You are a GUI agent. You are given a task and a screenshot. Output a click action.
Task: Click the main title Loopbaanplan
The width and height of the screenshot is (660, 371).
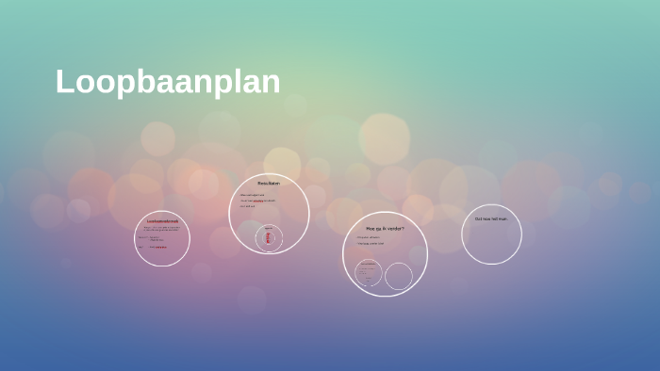(168, 82)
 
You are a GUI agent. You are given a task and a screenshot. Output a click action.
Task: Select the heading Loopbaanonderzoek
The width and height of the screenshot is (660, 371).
(162, 222)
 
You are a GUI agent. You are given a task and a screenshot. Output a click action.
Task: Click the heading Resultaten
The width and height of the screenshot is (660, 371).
(269, 184)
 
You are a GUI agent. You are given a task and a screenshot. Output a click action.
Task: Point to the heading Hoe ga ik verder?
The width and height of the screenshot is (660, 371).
(385, 228)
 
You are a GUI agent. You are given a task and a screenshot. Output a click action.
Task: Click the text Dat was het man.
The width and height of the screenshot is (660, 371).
(490, 218)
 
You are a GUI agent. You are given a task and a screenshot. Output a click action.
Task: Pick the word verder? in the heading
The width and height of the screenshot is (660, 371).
(395, 228)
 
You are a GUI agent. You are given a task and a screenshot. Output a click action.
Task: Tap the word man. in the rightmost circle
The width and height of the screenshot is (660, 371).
(503, 218)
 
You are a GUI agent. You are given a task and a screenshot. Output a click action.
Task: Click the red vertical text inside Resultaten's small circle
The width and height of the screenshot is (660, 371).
(269, 239)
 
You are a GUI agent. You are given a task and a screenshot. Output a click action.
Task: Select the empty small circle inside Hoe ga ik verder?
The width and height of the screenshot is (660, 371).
(399, 276)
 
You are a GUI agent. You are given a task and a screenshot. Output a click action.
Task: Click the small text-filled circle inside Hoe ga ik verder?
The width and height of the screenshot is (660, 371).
(369, 273)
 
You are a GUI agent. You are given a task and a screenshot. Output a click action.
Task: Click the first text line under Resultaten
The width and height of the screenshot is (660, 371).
(252, 195)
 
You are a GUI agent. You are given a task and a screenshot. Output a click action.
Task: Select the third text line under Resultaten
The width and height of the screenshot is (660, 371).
(247, 206)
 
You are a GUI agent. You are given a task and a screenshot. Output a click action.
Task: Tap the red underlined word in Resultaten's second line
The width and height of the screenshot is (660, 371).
(257, 201)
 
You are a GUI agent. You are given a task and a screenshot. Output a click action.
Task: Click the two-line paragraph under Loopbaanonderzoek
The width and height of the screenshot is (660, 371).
(161, 228)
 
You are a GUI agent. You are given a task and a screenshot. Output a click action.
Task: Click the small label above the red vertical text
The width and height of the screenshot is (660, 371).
(269, 227)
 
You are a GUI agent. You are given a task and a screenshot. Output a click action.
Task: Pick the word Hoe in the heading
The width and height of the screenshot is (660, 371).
(371, 228)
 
